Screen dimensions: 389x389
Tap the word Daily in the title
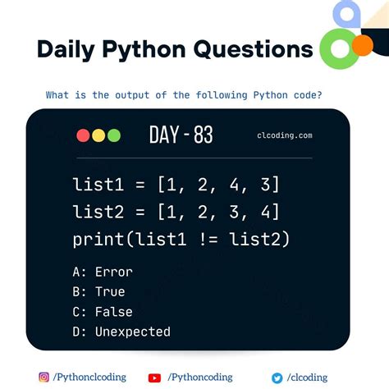[x=67, y=49]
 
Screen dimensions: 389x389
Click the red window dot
[x=83, y=135]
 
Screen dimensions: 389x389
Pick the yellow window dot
[x=98, y=135]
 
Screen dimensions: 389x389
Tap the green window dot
[x=113, y=135]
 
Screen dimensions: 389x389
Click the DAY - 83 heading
[x=181, y=135]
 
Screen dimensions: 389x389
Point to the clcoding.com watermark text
[x=284, y=136]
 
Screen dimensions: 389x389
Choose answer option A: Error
[x=103, y=272]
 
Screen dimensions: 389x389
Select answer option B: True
[x=98, y=291]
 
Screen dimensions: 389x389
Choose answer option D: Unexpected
[x=121, y=332]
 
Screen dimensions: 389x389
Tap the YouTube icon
[x=154, y=378]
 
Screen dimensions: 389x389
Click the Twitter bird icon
[x=277, y=378]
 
